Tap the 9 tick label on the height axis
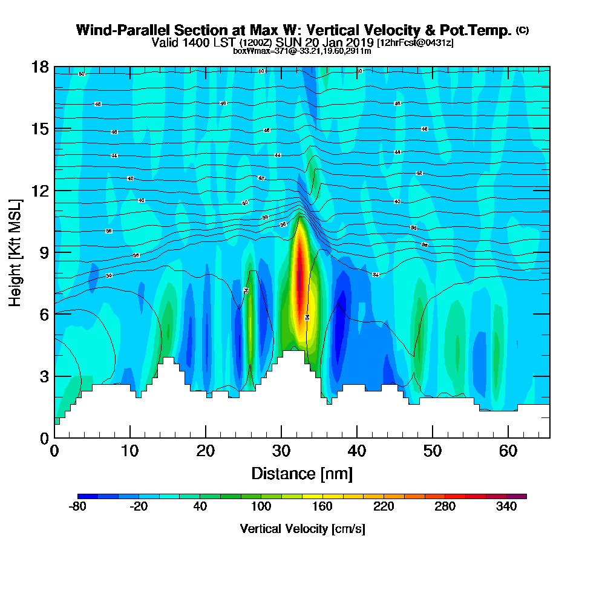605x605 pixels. pos(43,252)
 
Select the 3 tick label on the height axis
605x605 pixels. pos(43,376)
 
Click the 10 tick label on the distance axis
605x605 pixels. pos(130,451)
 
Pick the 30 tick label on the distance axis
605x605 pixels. pos(281,451)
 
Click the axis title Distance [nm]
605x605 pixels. pos(302,473)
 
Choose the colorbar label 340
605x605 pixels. pos(506,507)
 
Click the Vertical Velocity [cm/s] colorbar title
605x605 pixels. pos(302,529)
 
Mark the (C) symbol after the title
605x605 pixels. pos(522,30)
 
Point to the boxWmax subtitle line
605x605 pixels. pos(302,51)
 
